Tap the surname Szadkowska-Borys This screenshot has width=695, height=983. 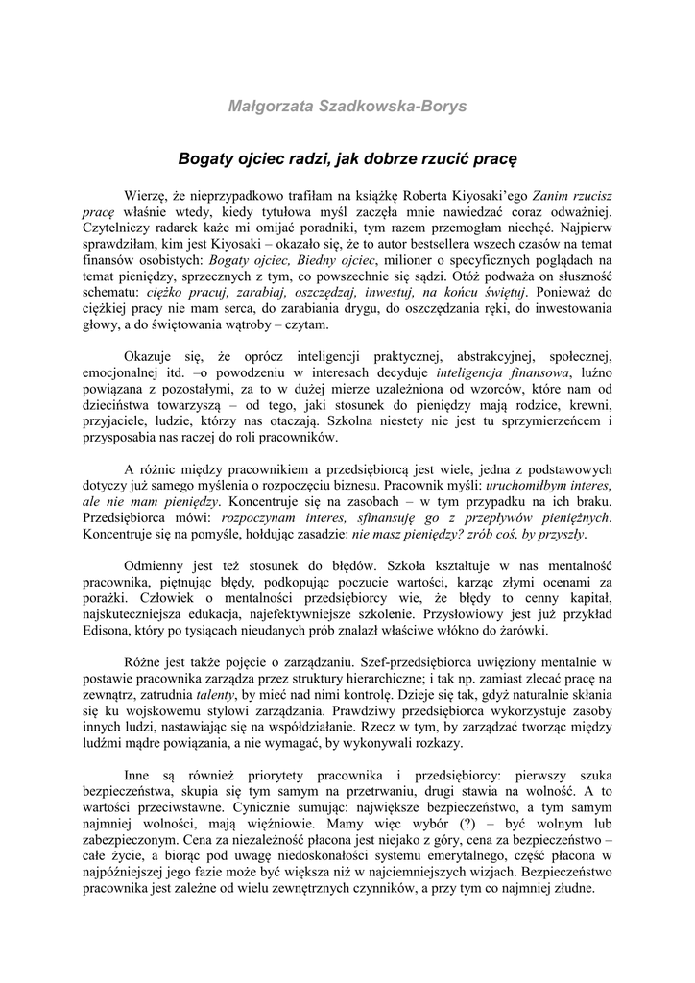(396, 106)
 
